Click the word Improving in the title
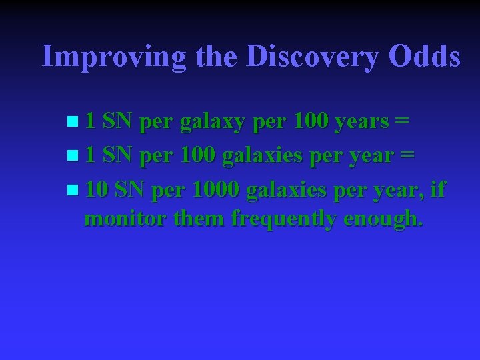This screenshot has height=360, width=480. (114, 57)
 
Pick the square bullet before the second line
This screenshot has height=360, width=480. (72, 157)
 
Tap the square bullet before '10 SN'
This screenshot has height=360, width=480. (72, 190)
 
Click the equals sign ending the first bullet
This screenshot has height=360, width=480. (401, 123)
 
